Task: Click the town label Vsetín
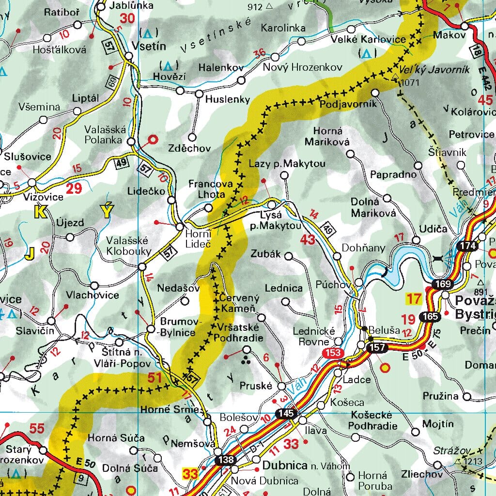coord(149,46)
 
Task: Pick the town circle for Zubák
coord(289,256)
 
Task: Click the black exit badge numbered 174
coord(467,246)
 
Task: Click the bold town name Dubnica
coord(285,465)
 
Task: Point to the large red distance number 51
coord(154,378)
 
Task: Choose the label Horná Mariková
coord(328,137)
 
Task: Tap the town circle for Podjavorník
coord(375,92)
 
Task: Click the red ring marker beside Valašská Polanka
coord(153,140)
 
